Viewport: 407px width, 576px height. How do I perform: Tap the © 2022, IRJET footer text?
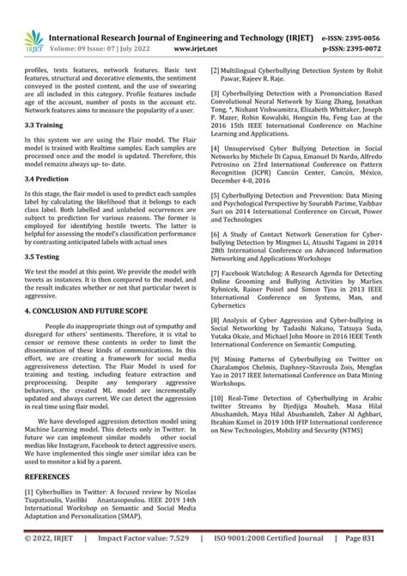54,561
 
